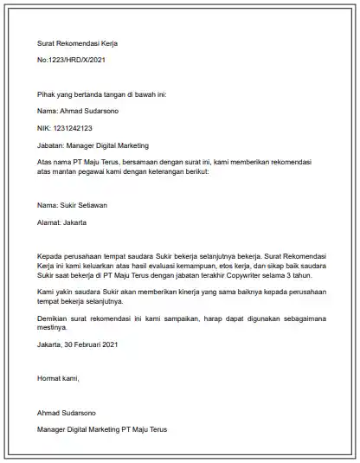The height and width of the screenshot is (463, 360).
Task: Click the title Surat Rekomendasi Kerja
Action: pos(76,42)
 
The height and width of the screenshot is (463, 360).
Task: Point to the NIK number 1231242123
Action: pos(72,128)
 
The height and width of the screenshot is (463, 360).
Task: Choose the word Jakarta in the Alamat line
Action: pos(74,222)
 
